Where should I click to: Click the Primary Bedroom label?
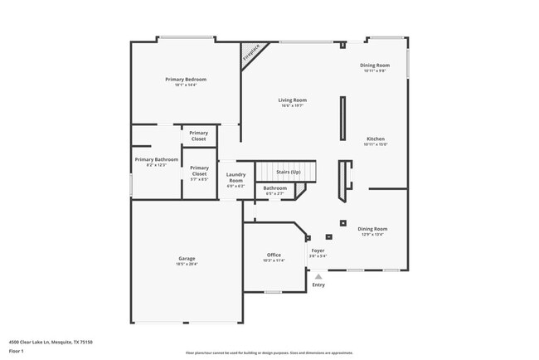186,79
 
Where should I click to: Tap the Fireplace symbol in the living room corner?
250,56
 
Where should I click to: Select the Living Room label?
292,100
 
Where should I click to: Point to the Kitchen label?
376,139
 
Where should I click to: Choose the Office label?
274,255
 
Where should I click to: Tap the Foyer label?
318,250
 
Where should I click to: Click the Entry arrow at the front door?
318,275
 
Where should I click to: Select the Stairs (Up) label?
288,172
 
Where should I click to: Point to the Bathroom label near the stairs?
275,187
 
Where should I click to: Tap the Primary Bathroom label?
156,158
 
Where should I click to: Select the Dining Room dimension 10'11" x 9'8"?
374,71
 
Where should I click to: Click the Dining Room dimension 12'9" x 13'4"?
371,235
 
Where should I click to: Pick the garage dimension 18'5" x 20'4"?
187,265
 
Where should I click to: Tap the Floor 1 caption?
17,351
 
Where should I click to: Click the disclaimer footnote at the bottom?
269,353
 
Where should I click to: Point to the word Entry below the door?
318,285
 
